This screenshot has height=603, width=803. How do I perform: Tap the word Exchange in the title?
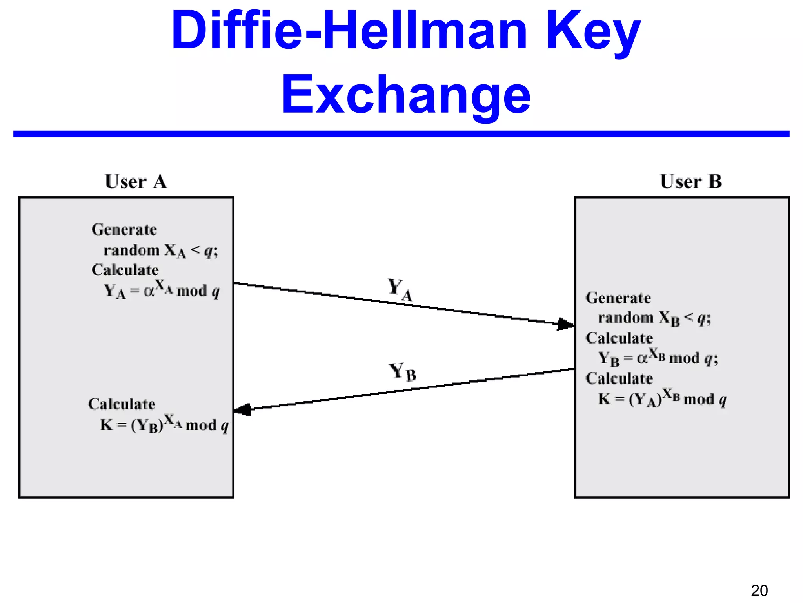coord(406,95)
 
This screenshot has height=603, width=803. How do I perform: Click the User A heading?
coord(136,181)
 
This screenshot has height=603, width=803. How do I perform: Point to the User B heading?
coord(690,181)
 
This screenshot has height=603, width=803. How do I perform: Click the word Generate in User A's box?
coord(124,229)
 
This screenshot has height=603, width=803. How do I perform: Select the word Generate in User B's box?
coord(618,298)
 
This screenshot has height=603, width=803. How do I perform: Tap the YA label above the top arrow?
coord(400,289)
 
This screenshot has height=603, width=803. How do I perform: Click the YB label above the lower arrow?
coord(402,372)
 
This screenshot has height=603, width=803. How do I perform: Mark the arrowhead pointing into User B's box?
coord(566,324)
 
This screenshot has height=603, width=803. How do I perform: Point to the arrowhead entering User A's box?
coord(243,410)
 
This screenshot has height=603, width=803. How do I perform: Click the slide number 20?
coord(759,590)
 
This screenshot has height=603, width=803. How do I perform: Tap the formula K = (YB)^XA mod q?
coord(164,424)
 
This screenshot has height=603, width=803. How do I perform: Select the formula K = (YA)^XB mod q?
coord(662,399)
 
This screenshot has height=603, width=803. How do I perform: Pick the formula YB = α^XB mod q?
coord(658,358)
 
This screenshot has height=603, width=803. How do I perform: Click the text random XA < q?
coord(160,250)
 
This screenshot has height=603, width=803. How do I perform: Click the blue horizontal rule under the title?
coord(401,134)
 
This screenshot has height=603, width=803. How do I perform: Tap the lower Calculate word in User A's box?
coord(122,404)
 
